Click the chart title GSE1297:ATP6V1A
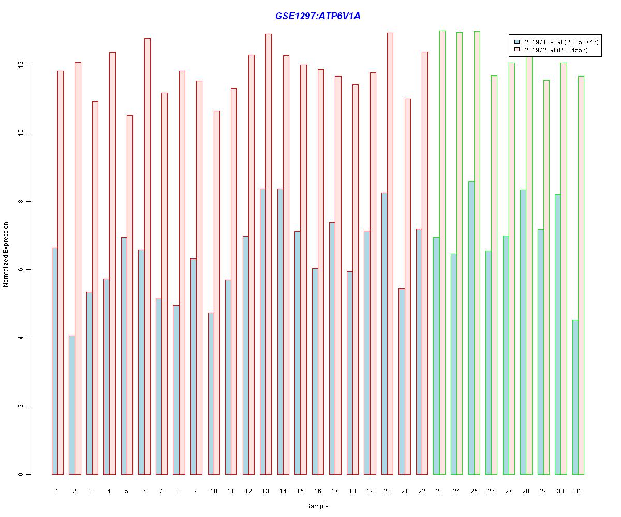(318, 16)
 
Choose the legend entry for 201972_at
(556, 50)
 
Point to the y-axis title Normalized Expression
(6, 254)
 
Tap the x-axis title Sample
(317, 506)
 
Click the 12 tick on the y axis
(21, 65)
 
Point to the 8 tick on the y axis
(21, 202)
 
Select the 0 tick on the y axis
(21, 474)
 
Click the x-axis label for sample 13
(265, 491)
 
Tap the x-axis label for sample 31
(578, 491)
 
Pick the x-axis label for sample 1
(57, 491)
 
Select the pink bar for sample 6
(147, 256)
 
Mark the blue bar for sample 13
(263, 331)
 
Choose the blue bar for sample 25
(471, 328)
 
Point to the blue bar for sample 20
(385, 333)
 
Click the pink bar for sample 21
(408, 286)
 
